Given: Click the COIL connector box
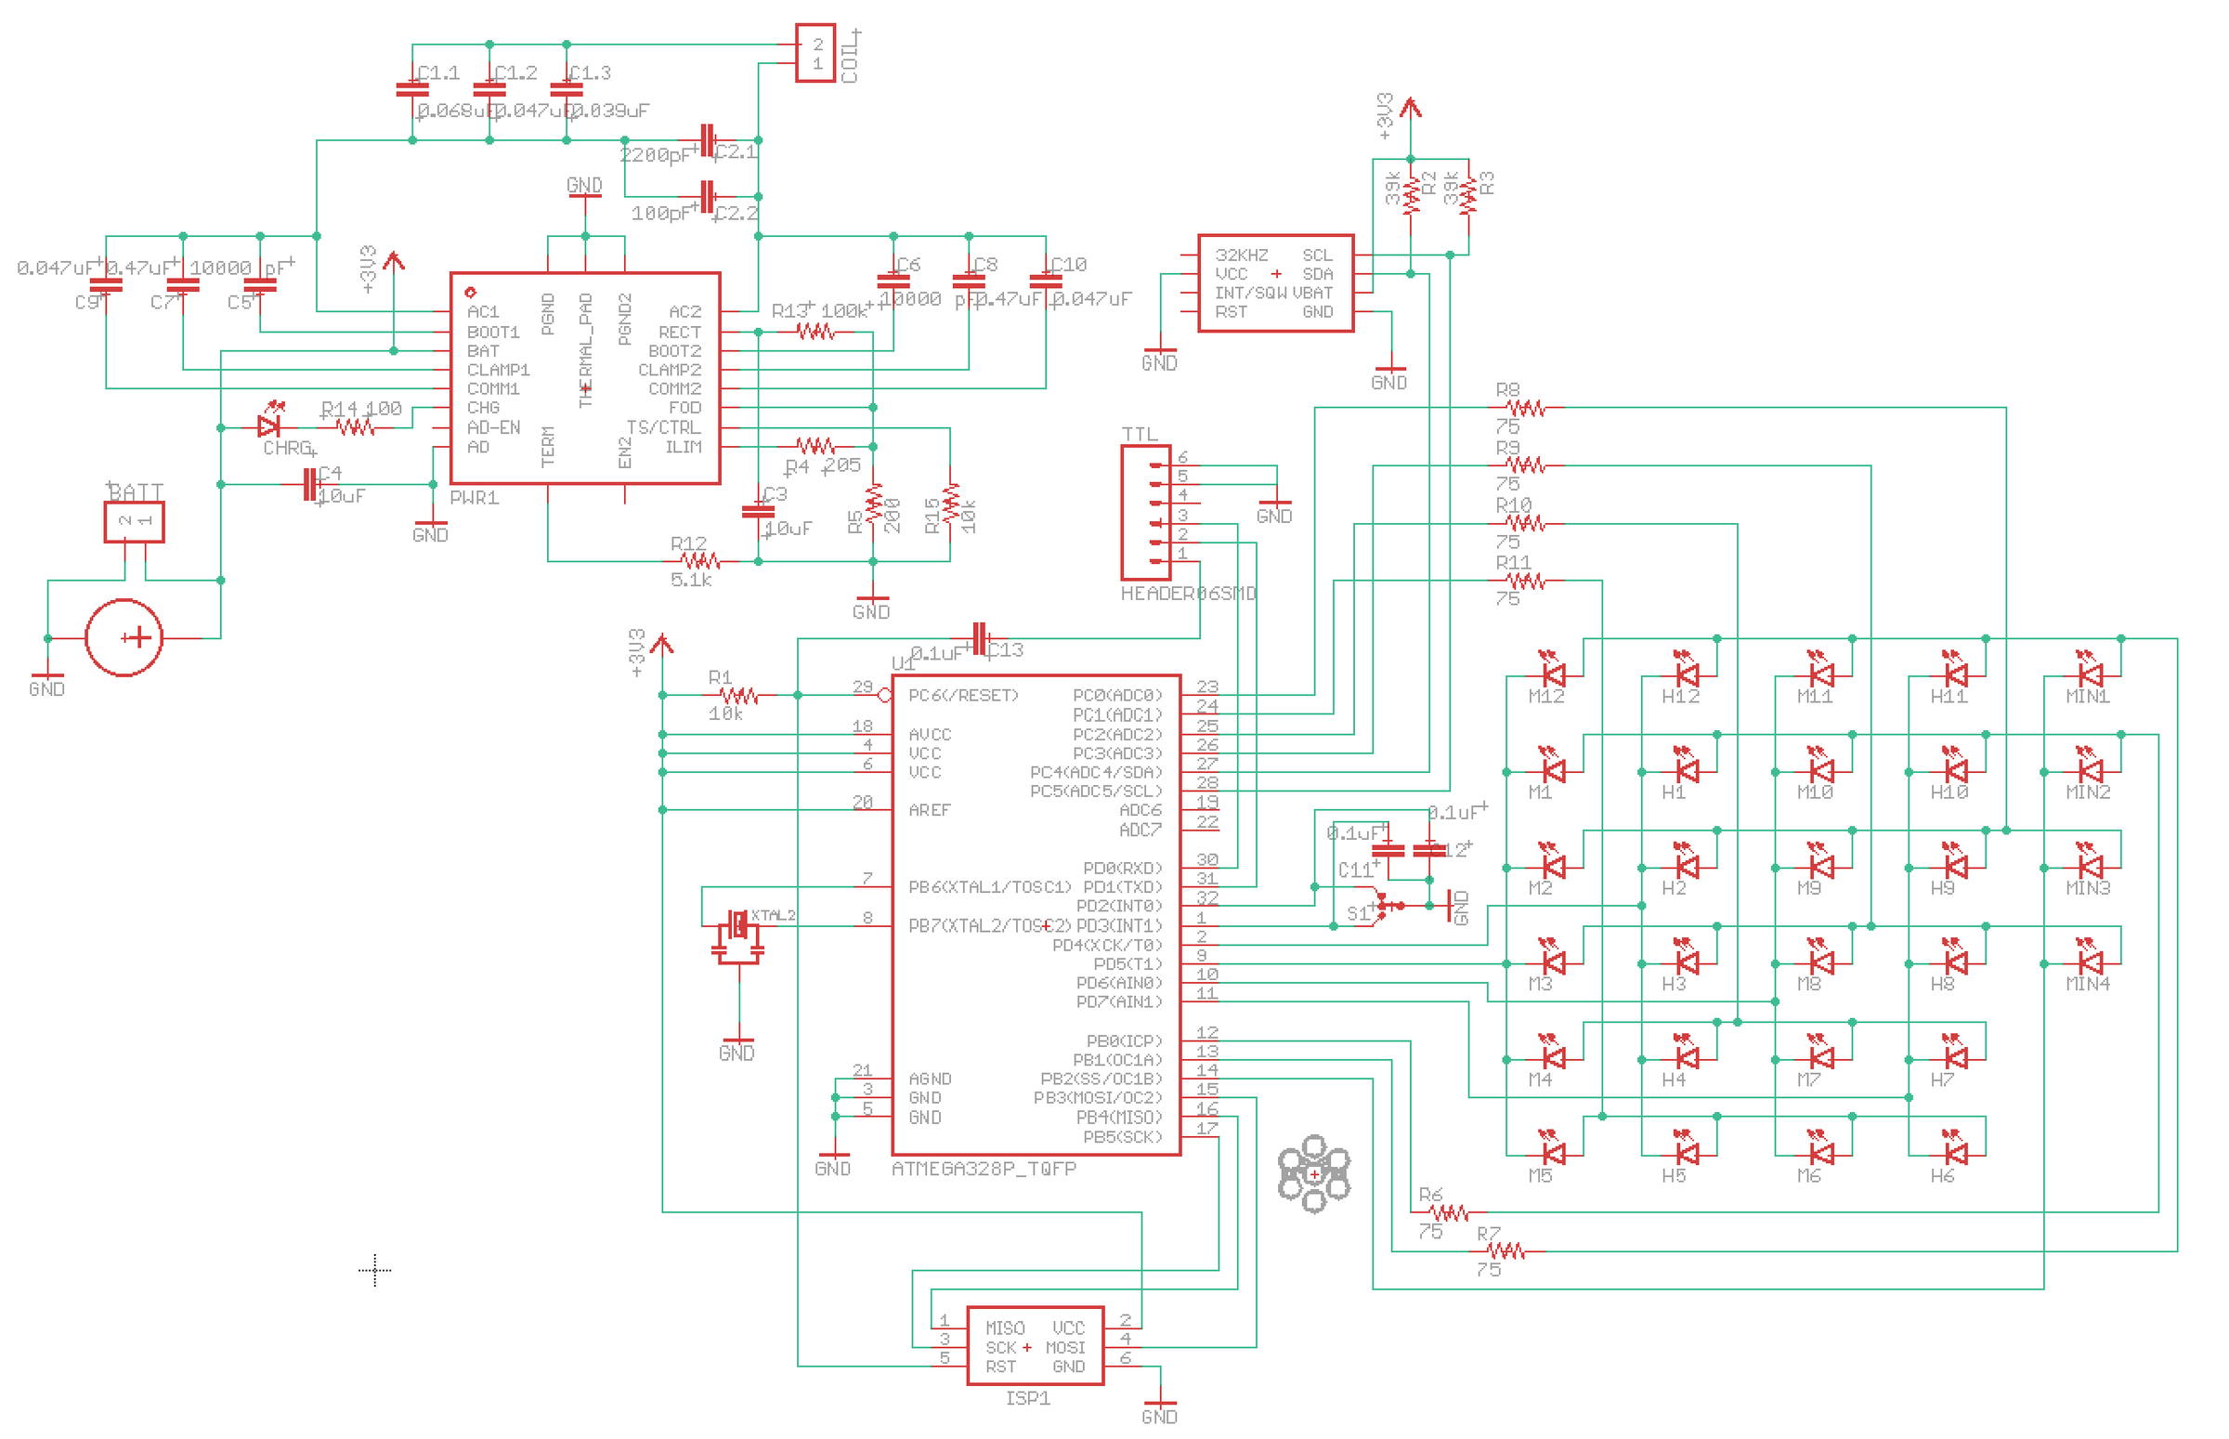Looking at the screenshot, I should tap(814, 53).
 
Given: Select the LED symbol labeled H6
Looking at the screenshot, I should tap(1955, 1153).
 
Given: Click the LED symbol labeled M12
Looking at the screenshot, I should tap(1553, 674).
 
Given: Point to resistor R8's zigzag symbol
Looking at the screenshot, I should tap(1526, 409).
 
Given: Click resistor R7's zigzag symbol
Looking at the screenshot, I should tap(1505, 1250).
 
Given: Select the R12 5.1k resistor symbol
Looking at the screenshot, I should tap(698, 561).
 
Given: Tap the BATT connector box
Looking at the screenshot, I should tap(134, 521).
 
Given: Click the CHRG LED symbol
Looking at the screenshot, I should tap(269, 427).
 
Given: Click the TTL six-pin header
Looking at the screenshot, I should tap(1144, 512).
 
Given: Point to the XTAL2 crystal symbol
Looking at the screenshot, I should tap(738, 927).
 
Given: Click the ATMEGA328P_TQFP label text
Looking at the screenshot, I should tap(983, 1168).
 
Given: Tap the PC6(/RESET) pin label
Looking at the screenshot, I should tap(962, 695).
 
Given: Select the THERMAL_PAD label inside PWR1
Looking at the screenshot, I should tap(586, 350).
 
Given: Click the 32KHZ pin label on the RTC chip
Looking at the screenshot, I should tap(1241, 255).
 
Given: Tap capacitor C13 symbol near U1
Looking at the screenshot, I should tap(978, 639).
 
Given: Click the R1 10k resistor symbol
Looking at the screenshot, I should tap(738, 695).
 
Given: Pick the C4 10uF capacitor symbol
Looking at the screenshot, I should tap(310, 484).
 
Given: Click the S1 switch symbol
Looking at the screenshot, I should tap(1384, 906).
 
